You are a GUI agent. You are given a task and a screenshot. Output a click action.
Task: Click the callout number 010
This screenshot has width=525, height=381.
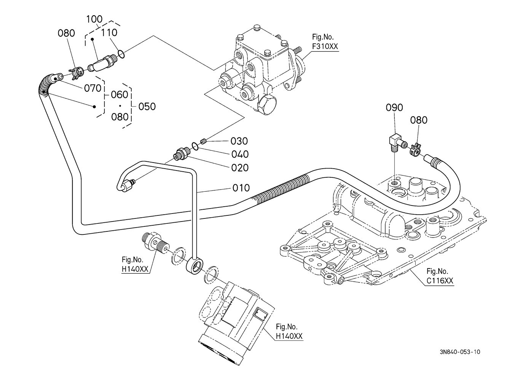(241, 188)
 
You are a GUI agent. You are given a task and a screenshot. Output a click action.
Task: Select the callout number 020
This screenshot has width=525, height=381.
(240, 168)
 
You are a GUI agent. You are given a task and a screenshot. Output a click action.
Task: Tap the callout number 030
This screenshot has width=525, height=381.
(239, 141)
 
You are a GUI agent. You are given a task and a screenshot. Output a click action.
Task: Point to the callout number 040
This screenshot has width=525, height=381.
(240, 155)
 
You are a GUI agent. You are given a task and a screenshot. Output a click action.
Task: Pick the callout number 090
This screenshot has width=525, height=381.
(394, 108)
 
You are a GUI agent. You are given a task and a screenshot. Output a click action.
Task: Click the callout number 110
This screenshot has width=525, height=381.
(109, 33)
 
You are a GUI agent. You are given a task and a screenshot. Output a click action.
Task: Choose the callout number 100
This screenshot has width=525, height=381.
(94, 19)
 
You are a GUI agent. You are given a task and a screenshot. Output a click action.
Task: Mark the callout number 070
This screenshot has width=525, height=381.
(93, 88)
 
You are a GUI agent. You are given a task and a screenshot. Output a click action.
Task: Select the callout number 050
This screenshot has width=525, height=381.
(147, 107)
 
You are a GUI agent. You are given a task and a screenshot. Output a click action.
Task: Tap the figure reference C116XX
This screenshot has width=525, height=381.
(440, 281)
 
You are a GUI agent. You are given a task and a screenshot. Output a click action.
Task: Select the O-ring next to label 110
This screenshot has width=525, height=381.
(121, 54)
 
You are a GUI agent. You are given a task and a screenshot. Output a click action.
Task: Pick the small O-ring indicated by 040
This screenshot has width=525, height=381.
(194, 146)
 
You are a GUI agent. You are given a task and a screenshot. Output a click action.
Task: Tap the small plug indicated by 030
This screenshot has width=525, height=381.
(203, 142)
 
